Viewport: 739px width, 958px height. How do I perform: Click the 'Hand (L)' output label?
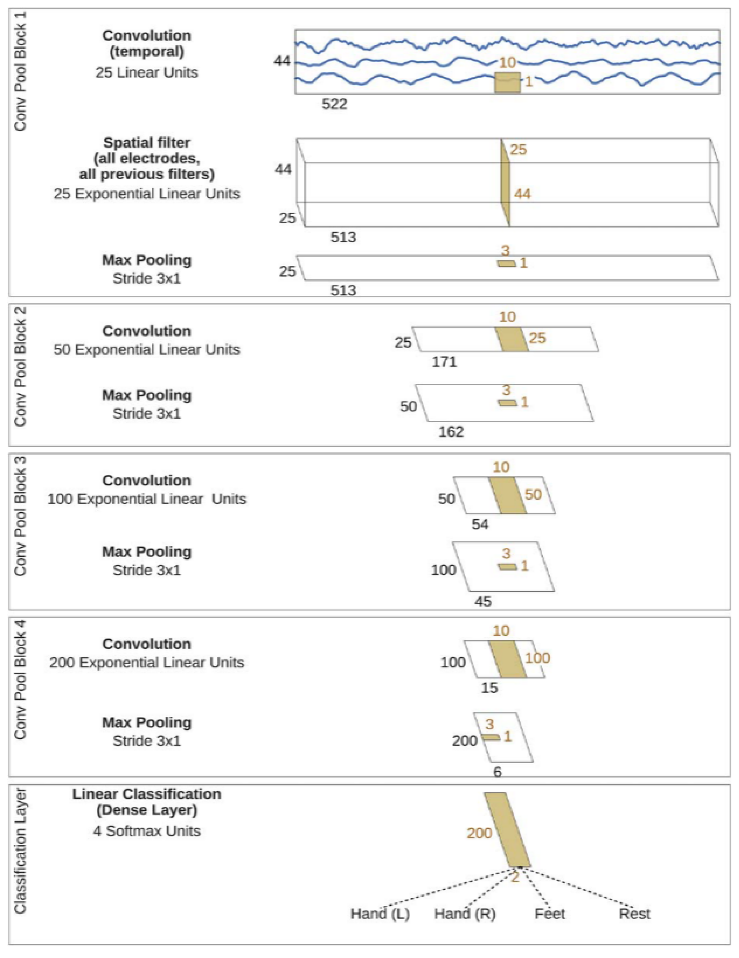pos(380,914)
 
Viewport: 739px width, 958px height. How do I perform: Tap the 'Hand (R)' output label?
pos(464,914)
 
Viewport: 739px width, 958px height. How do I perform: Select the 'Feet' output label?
pos(549,914)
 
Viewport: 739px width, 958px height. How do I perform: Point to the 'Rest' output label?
pos(634,914)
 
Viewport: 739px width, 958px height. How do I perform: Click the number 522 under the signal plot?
pos(334,104)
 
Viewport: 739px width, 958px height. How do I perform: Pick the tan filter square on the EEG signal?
pos(507,82)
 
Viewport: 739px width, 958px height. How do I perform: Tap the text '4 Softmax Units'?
pos(147,831)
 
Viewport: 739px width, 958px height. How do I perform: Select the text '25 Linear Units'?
pos(147,72)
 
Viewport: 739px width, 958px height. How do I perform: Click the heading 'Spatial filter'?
pos(147,143)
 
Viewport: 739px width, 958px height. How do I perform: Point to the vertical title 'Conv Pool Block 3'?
pos(20,516)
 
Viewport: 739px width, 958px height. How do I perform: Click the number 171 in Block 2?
pos(444,362)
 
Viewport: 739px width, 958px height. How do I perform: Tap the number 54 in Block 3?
pos(480,524)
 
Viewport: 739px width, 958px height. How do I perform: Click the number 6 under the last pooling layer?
pos(497,772)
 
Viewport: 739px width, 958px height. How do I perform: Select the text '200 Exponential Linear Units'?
pos(147,662)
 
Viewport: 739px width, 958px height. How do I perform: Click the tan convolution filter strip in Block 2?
pos(512,339)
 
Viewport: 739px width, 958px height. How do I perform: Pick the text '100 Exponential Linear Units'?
pos(147,499)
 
